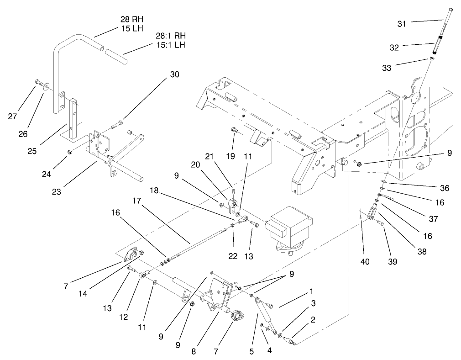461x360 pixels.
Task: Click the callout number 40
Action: pos(365,262)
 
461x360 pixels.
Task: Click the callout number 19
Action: pos(230,156)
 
